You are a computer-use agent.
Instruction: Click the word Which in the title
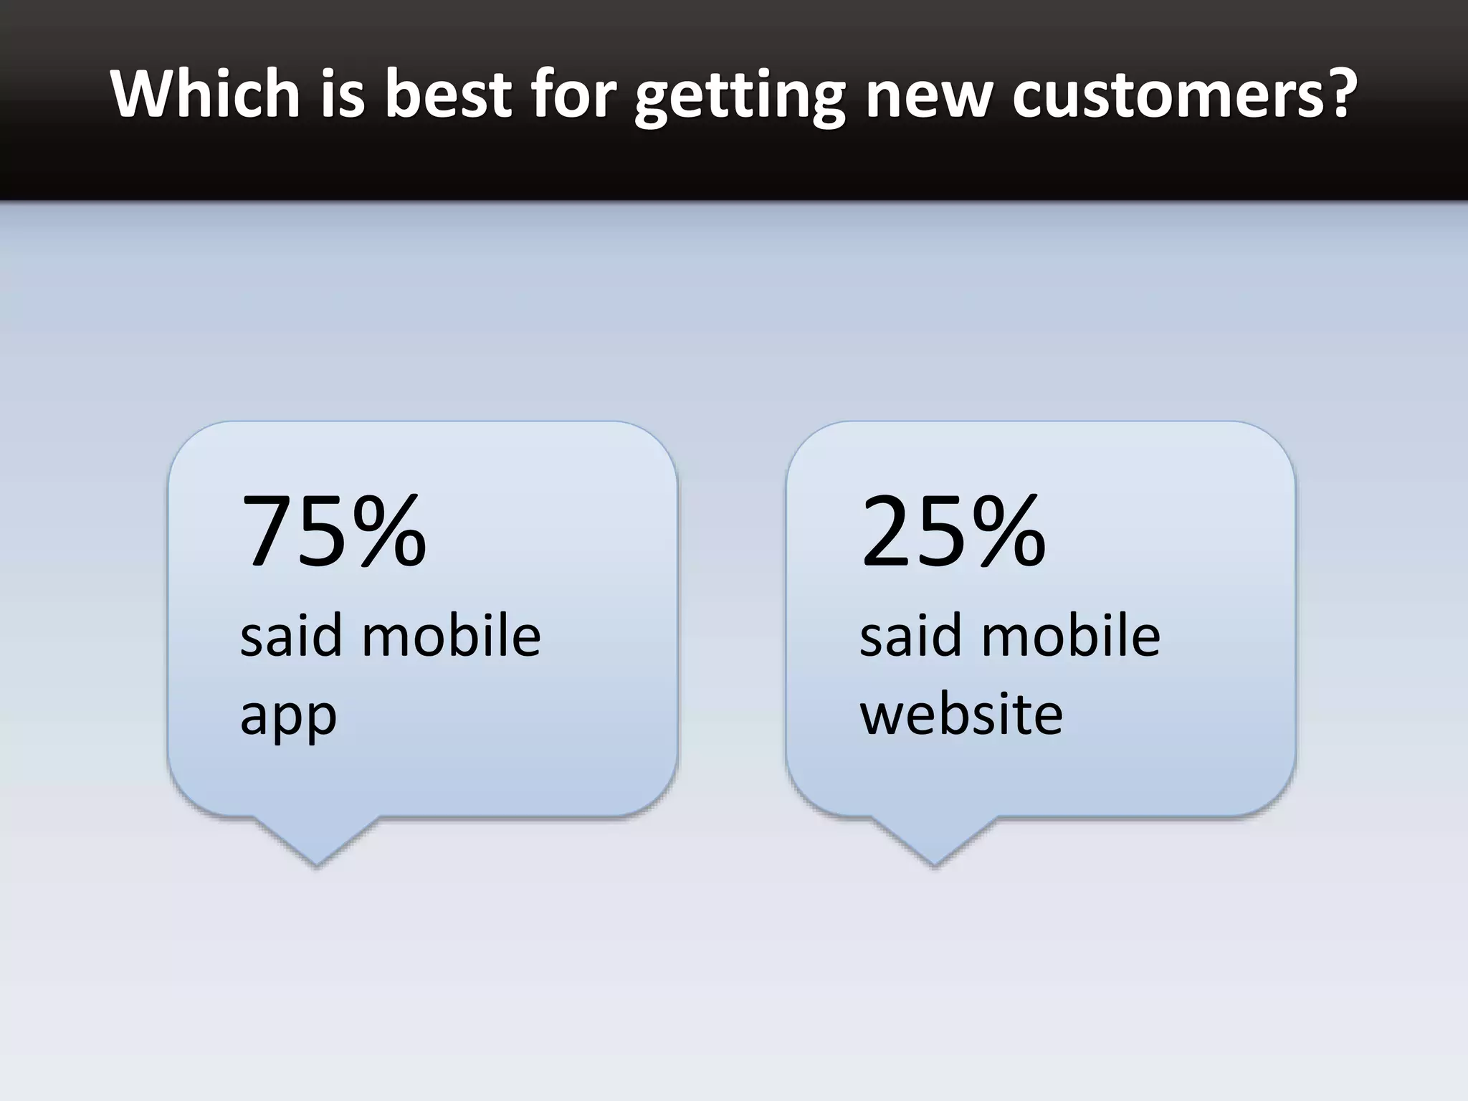tap(205, 93)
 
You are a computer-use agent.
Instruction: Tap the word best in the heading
tap(447, 93)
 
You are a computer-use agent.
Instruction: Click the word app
tap(288, 717)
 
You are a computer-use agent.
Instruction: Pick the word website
tap(961, 714)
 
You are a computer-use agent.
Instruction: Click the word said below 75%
tap(290, 636)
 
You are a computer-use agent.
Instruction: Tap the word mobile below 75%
tap(451, 636)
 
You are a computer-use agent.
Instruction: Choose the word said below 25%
tap(910, 636)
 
